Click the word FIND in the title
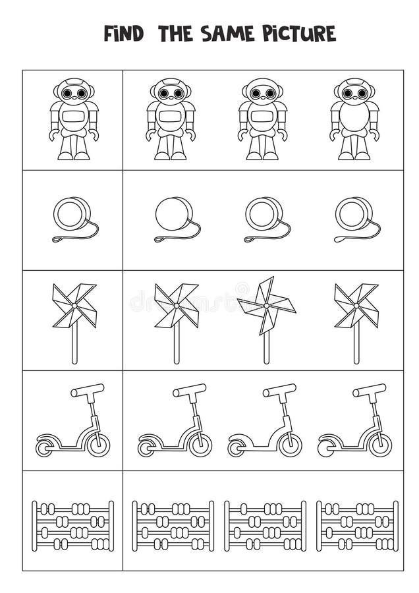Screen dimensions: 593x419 pyautogui.click(x=124, y=34)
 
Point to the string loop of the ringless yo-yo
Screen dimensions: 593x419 pyautogui.click(x=161, y=239)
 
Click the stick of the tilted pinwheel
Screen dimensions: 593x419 pyautogui.click(x=266, y=346)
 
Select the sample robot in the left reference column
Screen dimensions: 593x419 pyautogui.click(x=74, y=119)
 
